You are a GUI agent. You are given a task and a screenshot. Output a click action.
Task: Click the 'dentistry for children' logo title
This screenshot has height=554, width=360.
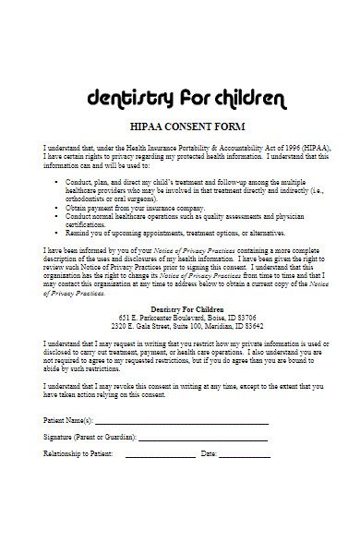point(179,97)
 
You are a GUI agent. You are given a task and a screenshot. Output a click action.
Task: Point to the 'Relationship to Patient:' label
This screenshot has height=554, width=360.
point(78,453)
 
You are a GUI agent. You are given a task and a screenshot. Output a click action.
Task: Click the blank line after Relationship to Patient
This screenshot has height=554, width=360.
point(160,455)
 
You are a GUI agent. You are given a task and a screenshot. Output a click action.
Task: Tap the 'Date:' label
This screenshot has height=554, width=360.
point(209,453)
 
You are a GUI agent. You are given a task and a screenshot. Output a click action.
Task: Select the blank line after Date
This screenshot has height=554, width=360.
point(245,455)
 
